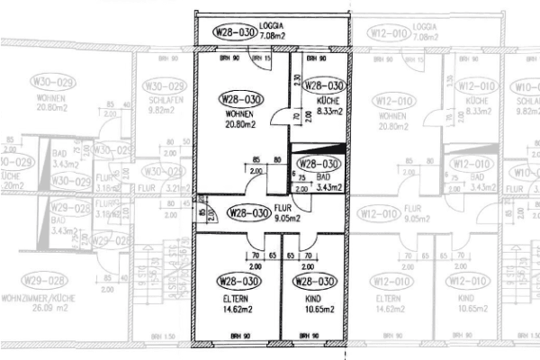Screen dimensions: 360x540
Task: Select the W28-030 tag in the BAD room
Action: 319,164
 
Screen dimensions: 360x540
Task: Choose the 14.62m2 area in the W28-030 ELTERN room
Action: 236,309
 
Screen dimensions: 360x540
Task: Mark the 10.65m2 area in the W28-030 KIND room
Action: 318,309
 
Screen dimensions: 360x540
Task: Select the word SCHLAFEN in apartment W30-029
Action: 160,103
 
